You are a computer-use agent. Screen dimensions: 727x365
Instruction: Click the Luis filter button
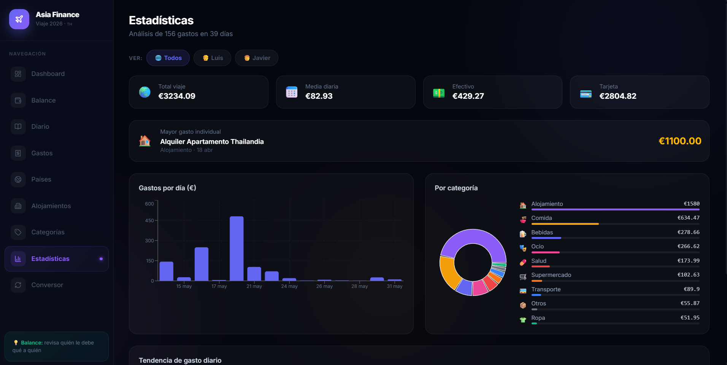(212, 58)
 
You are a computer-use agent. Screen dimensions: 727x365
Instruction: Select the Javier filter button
(257, 58)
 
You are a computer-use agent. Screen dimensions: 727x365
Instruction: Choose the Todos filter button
(168, 58)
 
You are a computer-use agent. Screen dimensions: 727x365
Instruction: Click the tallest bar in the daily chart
(237, 249)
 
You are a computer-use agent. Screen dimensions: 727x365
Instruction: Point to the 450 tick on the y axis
(149, 220)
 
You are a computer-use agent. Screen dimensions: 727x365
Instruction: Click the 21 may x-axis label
(254, 286)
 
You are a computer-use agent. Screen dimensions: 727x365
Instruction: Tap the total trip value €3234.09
(177, 96)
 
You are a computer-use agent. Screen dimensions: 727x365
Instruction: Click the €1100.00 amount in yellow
(680, 141)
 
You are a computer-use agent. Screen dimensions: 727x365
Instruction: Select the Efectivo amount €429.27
(468, 96)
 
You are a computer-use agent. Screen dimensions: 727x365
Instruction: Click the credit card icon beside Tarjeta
(586, 93)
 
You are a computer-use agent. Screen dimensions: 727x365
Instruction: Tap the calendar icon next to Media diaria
(292, 92)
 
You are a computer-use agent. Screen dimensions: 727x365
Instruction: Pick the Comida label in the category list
(541, 218)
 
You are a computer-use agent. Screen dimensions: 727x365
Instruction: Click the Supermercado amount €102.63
(688, 275)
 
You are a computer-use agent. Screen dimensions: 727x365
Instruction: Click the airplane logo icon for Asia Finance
(19, 19)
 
